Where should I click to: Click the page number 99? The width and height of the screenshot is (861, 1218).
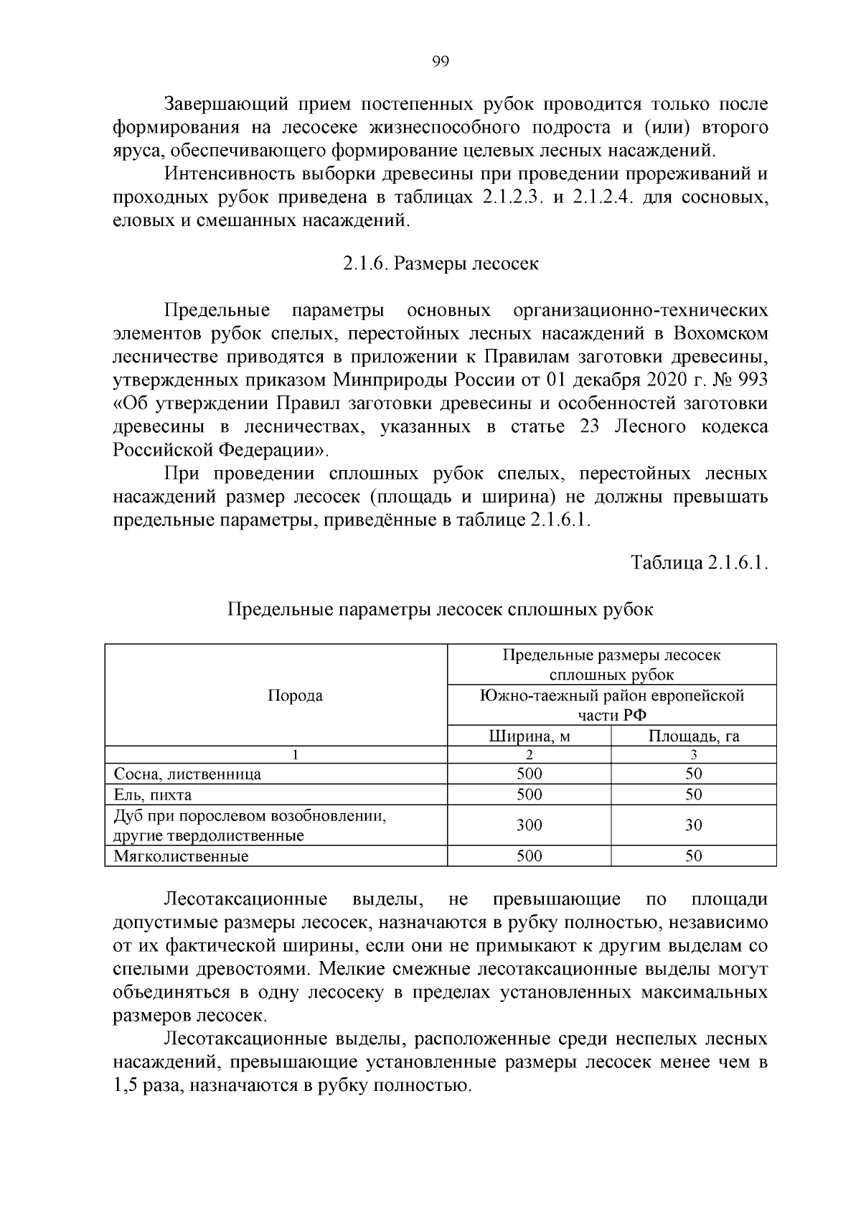tap(441, 62)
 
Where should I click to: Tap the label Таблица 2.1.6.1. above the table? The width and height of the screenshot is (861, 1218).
tap(700, 563)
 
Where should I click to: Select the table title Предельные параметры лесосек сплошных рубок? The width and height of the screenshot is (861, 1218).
tap(441, 610)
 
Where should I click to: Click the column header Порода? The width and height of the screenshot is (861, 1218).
tap(295, 695)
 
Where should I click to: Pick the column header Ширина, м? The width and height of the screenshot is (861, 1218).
tap(530, 736)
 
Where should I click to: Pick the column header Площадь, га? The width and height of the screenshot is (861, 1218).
tap(694, 736)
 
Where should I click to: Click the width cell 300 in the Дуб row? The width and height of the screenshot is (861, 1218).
tap(530, 825)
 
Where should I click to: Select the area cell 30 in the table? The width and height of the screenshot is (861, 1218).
tap(694, 825)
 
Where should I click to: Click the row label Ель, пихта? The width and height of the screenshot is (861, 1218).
tap(153, 795)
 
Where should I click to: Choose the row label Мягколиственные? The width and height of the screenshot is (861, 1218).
tap(182, 856)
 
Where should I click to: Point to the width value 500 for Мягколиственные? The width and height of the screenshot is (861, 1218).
tap(530, 856)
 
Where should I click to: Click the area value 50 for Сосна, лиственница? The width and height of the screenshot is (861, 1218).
tap(694, 774)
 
